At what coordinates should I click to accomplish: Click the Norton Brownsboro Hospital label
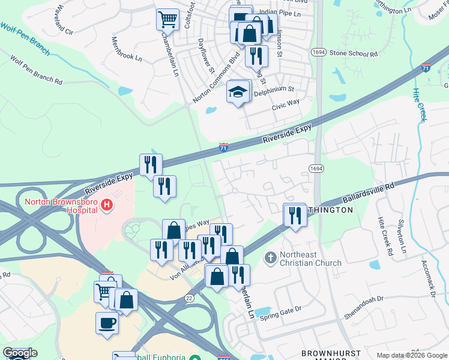(x=60, y=206)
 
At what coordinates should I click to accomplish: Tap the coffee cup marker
(x=107, y=323)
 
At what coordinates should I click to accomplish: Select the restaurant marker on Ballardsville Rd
(x=295, y=215)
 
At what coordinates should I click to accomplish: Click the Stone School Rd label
(x=354, y=53)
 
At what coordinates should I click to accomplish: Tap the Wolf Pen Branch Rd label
(x=37, y=70)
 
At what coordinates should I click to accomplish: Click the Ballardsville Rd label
(x=367, y=191)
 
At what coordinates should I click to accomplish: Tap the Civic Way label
(x=286, y=103)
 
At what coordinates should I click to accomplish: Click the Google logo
(x=20, y=353)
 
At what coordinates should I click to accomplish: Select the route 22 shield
(x=190, y=298)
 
